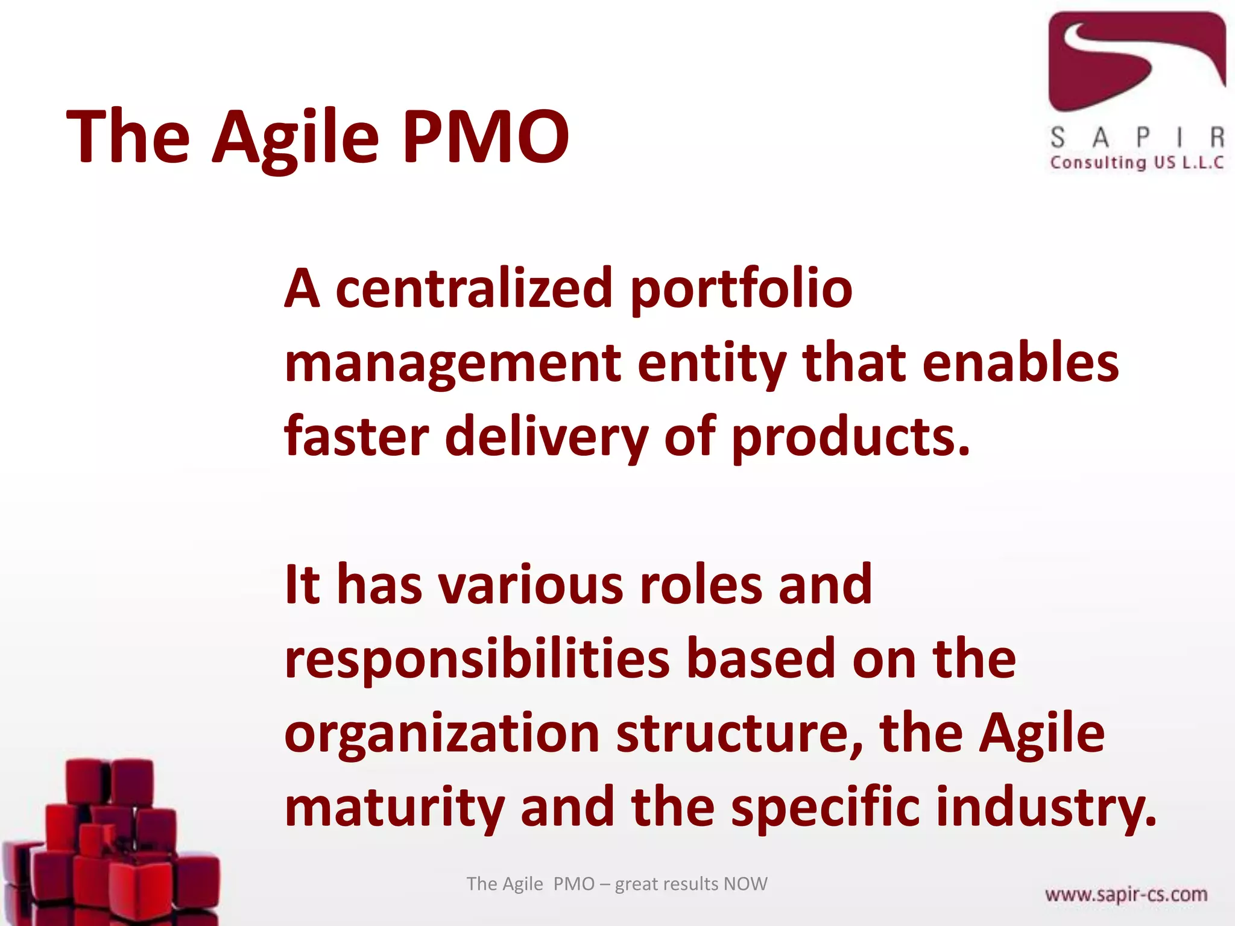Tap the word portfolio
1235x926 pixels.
741,289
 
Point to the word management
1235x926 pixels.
453,364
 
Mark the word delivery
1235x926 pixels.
546,438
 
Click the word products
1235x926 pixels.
850,438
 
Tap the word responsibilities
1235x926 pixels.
477,660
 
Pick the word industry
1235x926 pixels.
1046,808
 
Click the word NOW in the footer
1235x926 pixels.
745,884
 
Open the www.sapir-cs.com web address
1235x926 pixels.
1126,894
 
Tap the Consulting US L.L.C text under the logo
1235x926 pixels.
1137,162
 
